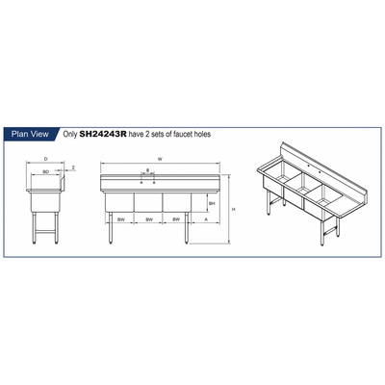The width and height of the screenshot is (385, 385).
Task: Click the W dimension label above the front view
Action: (160, 160)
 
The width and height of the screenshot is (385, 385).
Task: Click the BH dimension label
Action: (210, 204)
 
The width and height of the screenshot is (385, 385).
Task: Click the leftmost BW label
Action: (120, 220)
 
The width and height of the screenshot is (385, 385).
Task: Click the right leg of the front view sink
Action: (185, 231)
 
